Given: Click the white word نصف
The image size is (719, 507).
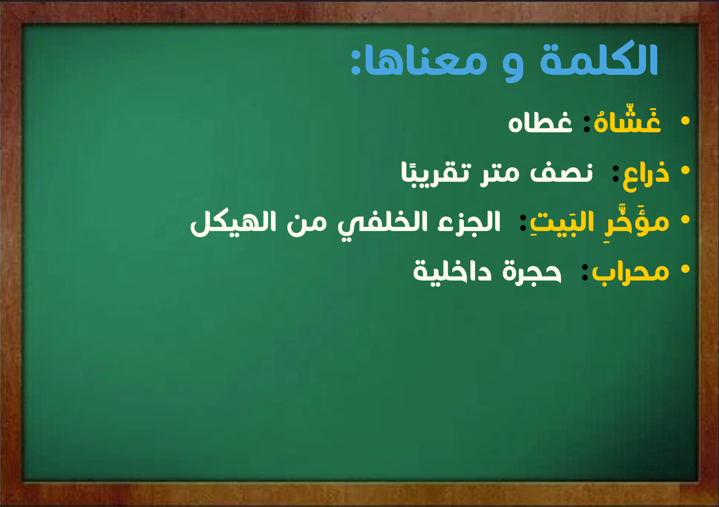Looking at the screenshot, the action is coord(561,174).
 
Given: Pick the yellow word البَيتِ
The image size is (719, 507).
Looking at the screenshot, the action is coord(577,223).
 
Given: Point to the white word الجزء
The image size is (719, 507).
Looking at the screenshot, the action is coord(469,221).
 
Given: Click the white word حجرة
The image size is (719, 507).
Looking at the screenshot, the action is coord(532,272).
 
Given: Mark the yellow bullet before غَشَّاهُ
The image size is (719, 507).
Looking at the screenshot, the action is coord(685,121).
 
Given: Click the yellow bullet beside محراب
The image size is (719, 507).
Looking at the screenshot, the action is coord(685,269).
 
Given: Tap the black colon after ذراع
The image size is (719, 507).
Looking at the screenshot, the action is coord(615,174).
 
